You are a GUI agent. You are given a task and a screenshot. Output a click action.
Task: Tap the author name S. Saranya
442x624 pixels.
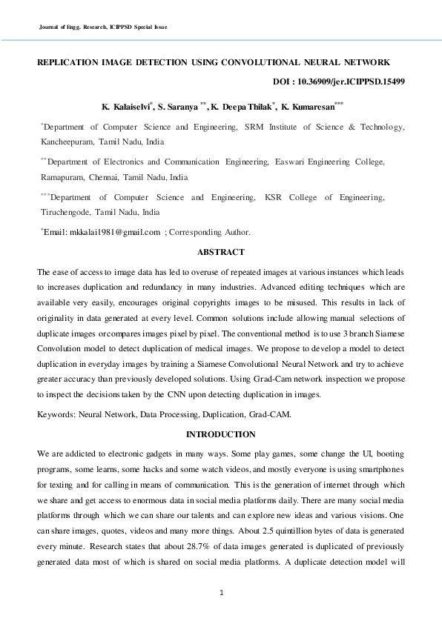(176, 107)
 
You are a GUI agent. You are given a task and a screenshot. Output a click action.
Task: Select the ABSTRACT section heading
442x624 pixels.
(220, 252)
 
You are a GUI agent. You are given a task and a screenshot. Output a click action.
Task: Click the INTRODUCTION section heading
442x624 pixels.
(220, 434)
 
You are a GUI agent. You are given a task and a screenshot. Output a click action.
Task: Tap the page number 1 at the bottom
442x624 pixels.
(221, 592)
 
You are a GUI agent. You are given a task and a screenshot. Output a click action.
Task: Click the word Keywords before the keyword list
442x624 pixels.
(57, 414)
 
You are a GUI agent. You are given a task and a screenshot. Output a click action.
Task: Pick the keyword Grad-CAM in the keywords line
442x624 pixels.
(270, 414)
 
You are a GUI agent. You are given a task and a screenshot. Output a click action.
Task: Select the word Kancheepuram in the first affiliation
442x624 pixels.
(67, 141)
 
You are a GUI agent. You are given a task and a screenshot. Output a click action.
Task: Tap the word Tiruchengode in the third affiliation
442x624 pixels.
(65, 211)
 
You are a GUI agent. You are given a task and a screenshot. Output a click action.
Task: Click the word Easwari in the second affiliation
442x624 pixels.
(294, 162)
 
